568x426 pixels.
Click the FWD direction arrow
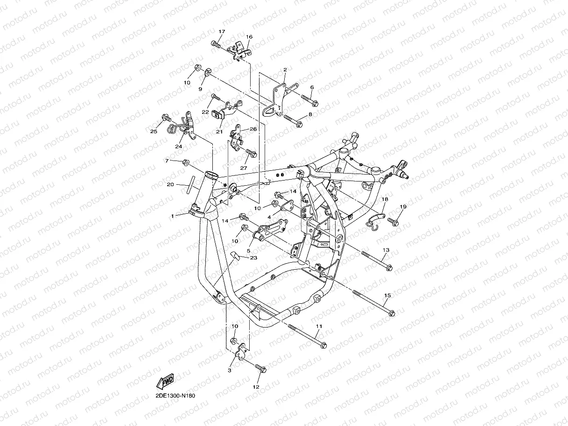(166, 382)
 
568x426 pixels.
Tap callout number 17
(222, 31)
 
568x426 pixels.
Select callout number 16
(249, 37)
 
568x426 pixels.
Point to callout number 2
(285, 70)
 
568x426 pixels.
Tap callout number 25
(154, 132)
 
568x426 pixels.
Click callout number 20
(170, 184)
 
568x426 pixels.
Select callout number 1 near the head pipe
(172, 216)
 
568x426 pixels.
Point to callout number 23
(253, 258)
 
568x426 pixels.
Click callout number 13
(386, 250)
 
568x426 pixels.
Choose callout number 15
(387, 295)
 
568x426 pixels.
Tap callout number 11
(319, 326)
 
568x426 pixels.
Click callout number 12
(255, 387)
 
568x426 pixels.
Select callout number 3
(230, 370)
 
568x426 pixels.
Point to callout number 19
(403, 206)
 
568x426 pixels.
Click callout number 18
(385, 199)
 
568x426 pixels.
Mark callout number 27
(243, 168)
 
